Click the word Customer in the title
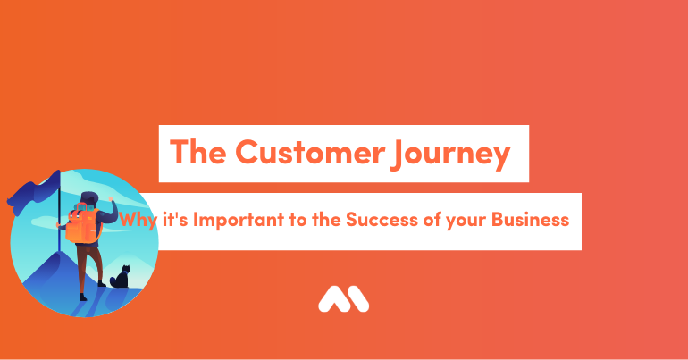tap(310, 152)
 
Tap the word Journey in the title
tap(450, 155)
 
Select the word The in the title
tap(197, 152)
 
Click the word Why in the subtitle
tap(138, 220)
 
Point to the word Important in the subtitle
tap(239, 219)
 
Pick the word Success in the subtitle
tap(382, 219)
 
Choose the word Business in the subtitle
tap(530, 219)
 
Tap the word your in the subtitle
tap(466, 221)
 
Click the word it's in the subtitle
tap(175, 219)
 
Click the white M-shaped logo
tap(344, 299)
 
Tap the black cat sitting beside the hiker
tap(120, 277)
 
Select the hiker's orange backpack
tap(82, 224)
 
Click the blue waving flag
tap(33, 192)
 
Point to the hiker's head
tap(90, 199)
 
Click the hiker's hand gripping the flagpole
tap(58, 225)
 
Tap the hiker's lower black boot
tap(83, 297)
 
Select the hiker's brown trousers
tap(90, 264)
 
